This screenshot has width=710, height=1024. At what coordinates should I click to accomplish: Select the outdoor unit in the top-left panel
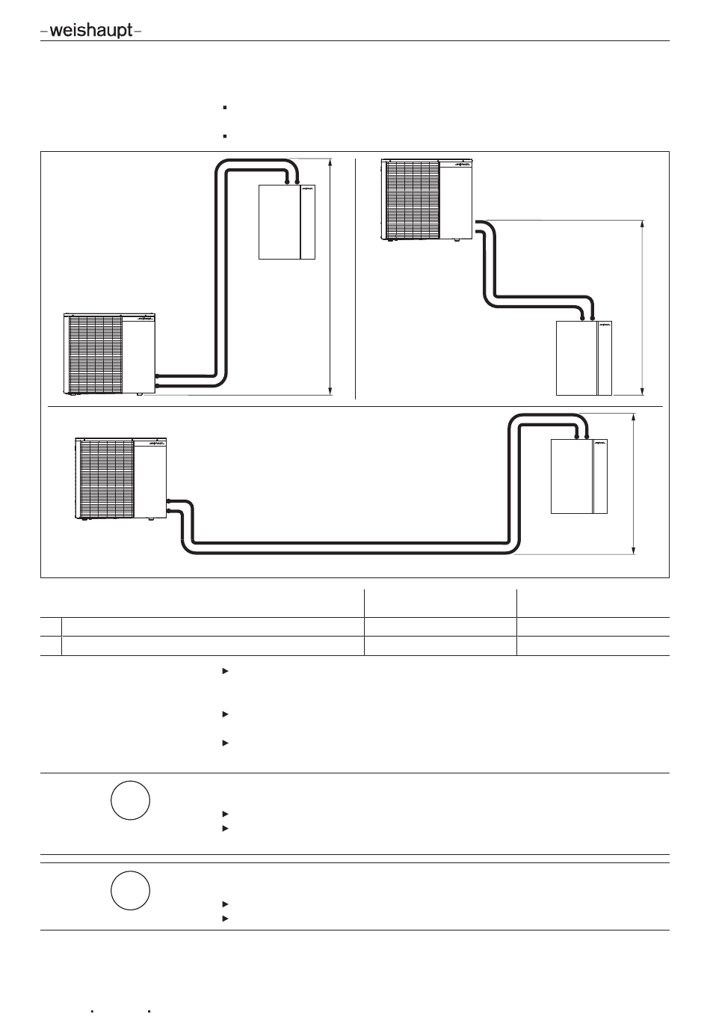pyautogui.click(x=109, y=355)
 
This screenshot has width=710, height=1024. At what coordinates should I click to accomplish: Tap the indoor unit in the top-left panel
pyautogui.click(x=287, y=222)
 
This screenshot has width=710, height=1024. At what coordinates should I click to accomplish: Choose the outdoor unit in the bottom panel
pyautogui.click(x=120, y=479)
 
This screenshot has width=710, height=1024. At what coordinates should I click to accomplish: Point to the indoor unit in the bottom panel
pyautogui.click(x=578, y=476)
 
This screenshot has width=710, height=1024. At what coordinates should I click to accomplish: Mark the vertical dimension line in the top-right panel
pyautogui.click(x=642, y=307)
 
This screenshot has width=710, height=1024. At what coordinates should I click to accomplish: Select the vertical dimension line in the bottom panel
pyautogui.click(x=634, y=484)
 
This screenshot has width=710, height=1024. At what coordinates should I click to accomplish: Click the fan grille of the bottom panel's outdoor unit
pyautogui.click(x=107, y=478)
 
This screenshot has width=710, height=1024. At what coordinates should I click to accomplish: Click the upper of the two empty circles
pyautogui.click(x=130, y=800)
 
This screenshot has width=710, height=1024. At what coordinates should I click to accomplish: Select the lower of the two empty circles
pyautogui.click(x=130, y=890)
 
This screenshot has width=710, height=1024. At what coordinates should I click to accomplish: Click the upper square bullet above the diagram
pyautogui.click(x=224, y=108)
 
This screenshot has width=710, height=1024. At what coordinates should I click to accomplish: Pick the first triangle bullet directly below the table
pyautogui.click(x=224, y=671)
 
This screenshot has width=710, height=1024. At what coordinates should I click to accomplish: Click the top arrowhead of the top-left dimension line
pyautogui.click(x=330, y=160)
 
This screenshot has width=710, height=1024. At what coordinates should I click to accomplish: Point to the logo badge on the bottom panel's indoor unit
pyautogui.click(x=599, y=445)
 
